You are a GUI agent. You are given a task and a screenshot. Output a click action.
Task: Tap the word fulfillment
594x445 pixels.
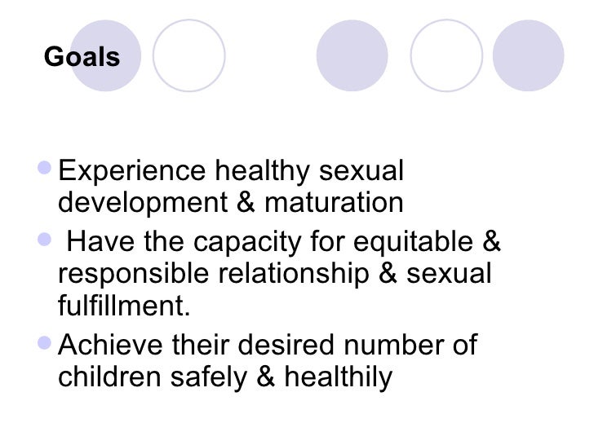tap(124, 308)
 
